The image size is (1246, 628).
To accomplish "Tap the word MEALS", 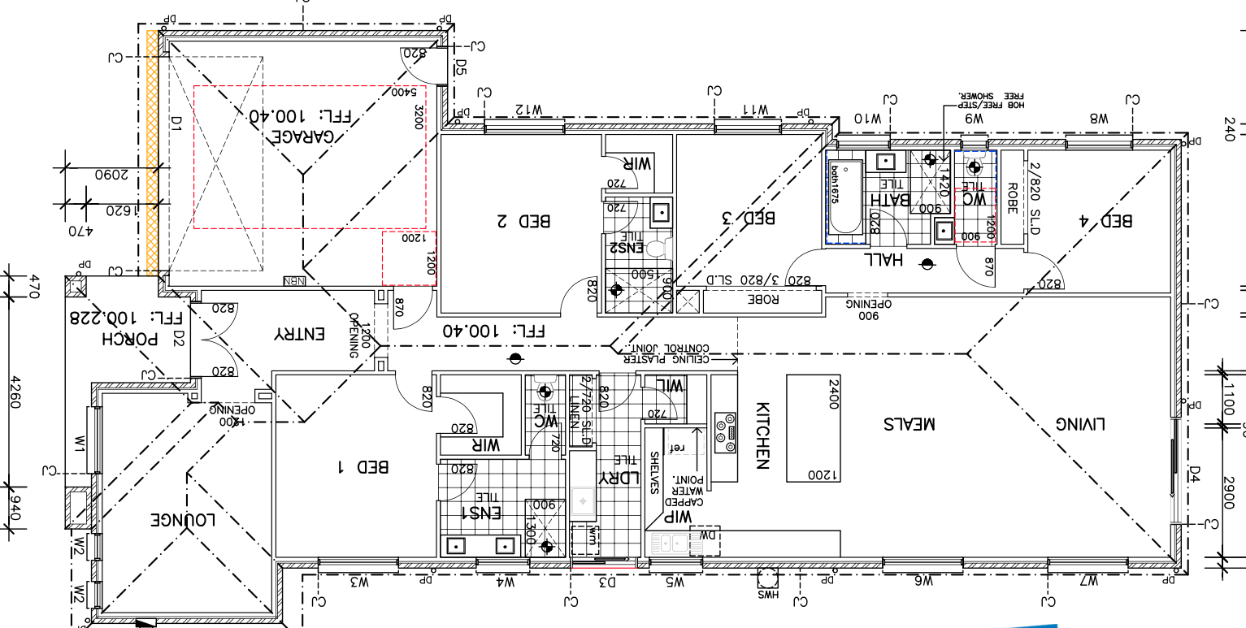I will click(x=910, y=423).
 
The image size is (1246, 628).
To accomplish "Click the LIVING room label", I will click(x=1082, y=423).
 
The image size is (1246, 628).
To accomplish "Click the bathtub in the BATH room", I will click(x=844, y=201).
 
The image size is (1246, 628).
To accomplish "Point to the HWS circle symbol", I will click(x=768, y=578).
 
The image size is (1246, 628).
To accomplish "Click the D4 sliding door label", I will click(x=1195, y=473).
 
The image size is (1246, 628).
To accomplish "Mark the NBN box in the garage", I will click(x=291, y=281).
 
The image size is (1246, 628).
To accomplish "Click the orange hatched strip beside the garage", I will click(x=151, y=154).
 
